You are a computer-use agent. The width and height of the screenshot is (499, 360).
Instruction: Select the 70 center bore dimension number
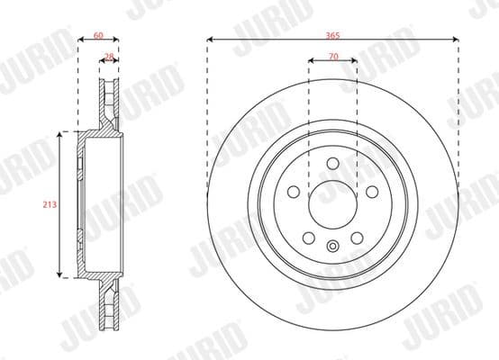point(332,56)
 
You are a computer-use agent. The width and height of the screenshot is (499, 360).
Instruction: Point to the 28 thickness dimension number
point(109,57)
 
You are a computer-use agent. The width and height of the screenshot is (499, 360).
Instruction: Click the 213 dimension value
point(50,205)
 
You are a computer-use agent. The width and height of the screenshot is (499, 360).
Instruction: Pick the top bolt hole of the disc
point(332,163)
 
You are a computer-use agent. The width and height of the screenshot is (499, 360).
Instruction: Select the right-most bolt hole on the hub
point(371,191)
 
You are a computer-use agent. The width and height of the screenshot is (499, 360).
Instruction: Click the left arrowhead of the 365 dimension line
point(210,40)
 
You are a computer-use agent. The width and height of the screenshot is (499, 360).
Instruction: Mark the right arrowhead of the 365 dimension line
point(457,40)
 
